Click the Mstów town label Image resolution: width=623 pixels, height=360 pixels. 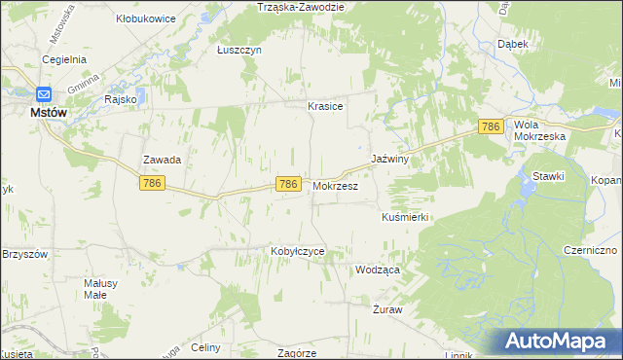[48, 113]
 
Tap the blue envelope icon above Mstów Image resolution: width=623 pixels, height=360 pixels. [44, 94]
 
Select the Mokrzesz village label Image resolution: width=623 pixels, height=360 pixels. [336, 185]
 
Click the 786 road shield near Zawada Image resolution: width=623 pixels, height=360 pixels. [150, 183]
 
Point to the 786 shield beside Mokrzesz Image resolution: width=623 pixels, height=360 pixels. [287, 184]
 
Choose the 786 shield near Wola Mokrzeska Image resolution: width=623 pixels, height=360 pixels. [491, 126]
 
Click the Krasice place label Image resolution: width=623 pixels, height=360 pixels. [325, 106]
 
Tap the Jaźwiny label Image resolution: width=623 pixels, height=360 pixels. [388, 158]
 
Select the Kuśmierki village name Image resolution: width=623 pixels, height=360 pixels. [406, 218]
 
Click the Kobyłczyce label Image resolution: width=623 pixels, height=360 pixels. [297, 251]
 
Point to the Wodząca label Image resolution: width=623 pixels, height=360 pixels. [378, 270]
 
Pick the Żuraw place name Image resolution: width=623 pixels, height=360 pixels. [387, 309]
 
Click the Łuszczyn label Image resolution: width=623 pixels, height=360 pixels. [239, 50]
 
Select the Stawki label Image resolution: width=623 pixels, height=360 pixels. [549, 175]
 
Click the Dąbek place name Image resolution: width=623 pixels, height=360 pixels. [513, 44]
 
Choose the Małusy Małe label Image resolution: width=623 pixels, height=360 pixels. [100, 288]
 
